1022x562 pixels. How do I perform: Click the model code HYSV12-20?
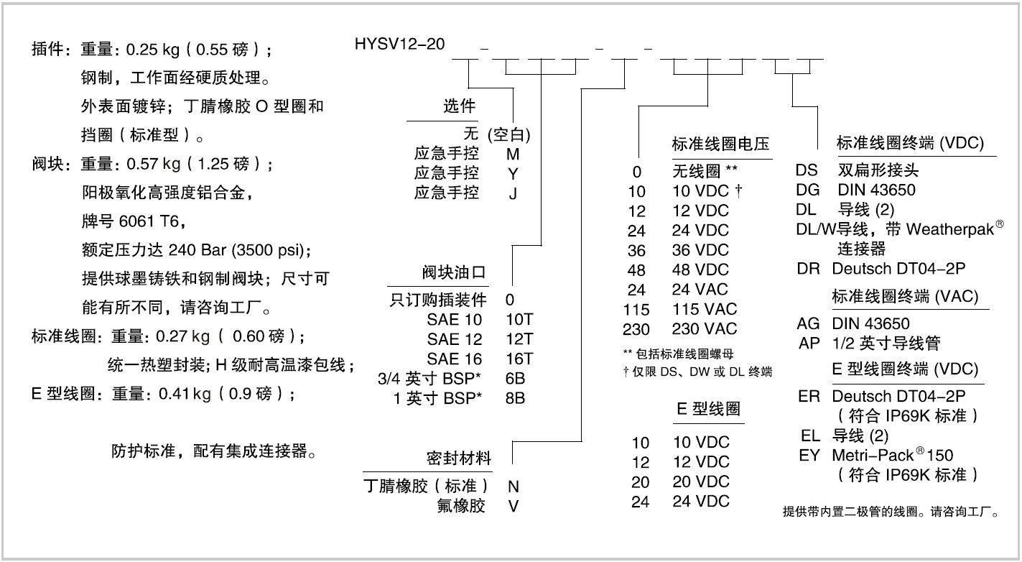399,44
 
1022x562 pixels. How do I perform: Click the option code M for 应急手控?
512,154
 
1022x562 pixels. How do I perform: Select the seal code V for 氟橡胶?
513,506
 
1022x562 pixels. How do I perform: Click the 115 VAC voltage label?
705,310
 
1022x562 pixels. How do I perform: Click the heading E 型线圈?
708,410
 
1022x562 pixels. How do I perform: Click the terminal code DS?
807,171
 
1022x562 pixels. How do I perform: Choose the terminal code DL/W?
809,230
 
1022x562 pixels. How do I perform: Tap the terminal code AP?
809,344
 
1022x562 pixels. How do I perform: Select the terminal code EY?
809,455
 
